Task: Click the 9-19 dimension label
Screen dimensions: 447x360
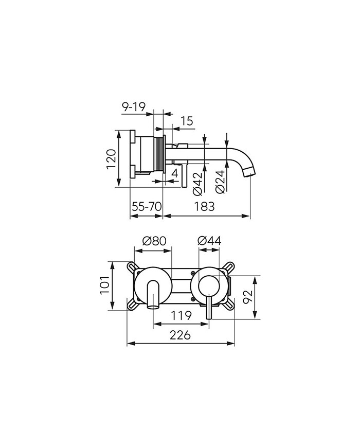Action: pos(134,107)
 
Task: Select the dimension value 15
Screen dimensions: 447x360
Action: pos(187,121)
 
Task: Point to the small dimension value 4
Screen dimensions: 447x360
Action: pos(175,173)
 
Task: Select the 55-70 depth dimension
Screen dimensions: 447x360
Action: pos(147,206)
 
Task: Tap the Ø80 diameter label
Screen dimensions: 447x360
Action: pos(153,240)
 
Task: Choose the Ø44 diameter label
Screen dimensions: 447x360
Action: pos(209,240)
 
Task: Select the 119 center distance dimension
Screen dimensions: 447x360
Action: pos(182,314)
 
